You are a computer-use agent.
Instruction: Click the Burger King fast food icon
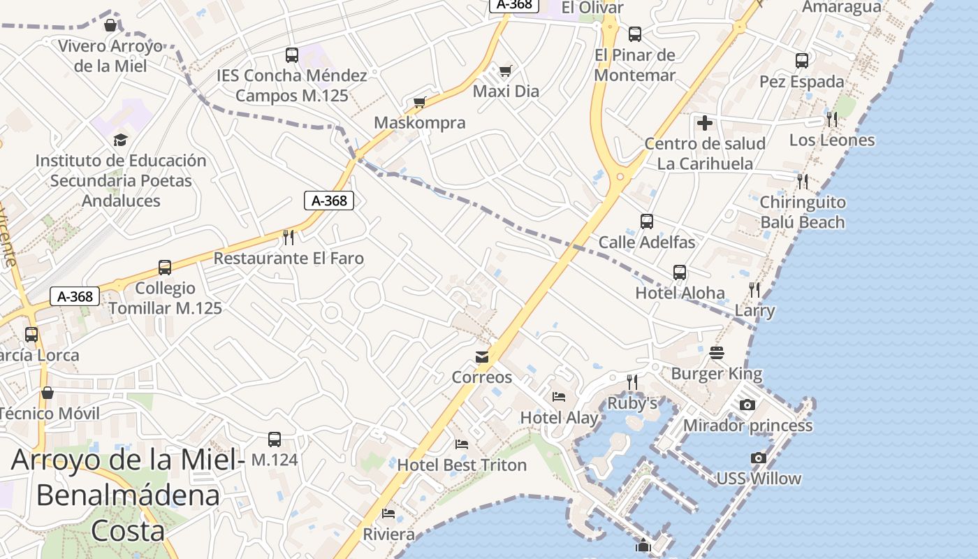(x=717, y=353)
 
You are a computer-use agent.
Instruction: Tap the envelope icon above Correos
(x=482, y=357)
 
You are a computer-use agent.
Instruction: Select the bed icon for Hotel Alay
(x=559, y=397)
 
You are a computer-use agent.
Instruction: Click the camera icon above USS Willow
(x=759, y=458)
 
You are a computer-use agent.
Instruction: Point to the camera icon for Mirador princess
(x=747, y=405)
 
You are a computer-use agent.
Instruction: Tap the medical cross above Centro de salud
(x=705, y=123)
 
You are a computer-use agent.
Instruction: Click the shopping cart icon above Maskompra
(x=420, y=103)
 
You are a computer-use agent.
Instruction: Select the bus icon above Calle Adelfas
(x=647, y=222)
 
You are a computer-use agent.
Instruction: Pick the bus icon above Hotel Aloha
(x=680, y=272)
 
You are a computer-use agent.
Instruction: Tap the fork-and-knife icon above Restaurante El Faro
(x=289, y=238)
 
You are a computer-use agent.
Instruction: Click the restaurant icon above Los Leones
(x=831, y=119)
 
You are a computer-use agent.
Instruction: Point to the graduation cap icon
(x=121, y=140)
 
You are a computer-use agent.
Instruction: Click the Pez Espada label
(x=802, y=82)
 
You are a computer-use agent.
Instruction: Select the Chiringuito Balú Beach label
(x=803, y=212)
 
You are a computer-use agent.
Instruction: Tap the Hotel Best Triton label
(x=462, y=465)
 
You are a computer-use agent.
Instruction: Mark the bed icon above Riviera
(x=388, y=514)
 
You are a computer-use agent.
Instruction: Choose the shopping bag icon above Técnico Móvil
(x=48, y=393)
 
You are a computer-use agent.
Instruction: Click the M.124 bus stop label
(x=275, y=460)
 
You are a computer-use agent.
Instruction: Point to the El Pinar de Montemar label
(x=635, y=65)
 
